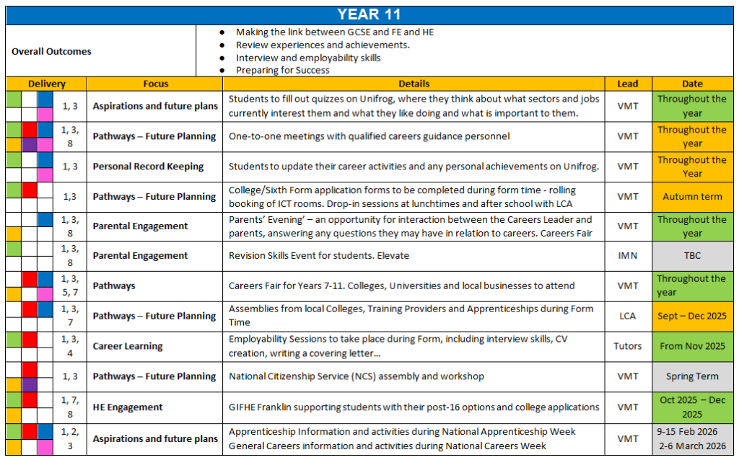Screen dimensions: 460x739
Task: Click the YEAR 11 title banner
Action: [369, 14]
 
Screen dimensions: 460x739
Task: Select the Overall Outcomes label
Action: [51, 51]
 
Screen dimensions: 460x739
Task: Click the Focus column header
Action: [155, 84]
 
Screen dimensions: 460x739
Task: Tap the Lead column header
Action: [627, 84]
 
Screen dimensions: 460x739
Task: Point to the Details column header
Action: [414, 84]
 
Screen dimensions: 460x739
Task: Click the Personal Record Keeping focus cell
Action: [148, 167]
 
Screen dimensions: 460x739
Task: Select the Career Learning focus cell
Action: [128, 346]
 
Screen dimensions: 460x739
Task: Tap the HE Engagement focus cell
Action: [128, 407]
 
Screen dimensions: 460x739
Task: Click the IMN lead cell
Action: [627, 256]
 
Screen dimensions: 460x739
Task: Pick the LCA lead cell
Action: [627, 316]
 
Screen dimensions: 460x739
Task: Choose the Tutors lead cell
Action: [627, 346]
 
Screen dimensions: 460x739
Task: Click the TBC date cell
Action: [692, 256]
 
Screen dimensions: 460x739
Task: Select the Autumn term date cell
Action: [692, 196]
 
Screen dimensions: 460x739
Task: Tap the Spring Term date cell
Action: [692, 376]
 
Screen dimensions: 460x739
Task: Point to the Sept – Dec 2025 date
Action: [692, 316]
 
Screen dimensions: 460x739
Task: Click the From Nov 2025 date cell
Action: [692, 346]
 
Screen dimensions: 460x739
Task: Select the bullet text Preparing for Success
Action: [283, 71]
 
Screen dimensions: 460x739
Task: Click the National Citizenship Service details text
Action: [357, 376]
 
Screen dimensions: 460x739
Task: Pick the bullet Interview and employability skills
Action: [308, 58]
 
